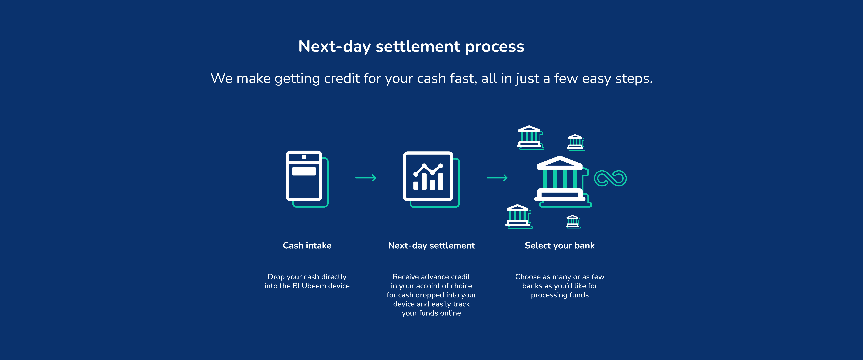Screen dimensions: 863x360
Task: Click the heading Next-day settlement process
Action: click(x=411, y=47)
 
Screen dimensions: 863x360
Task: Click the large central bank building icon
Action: click(x=562, y=181)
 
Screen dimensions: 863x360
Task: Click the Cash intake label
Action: click(x=307, y=246)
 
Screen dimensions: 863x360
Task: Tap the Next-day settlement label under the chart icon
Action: click(x=431, y=246)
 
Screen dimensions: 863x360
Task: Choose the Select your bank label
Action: click(x=559, y=246)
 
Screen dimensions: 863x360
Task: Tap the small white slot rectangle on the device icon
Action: click(x=304, y=171)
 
